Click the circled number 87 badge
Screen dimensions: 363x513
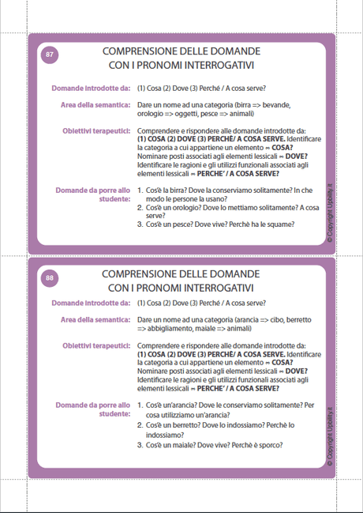pos(50,55)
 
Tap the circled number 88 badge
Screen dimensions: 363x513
pos(50,278)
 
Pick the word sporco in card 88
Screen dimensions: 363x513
pos(268,444)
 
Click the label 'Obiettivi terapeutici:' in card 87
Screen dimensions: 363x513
pos(96,129)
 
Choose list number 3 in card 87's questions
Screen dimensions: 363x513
pos(140,224)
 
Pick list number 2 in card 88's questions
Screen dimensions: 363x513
pos(140,424)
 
